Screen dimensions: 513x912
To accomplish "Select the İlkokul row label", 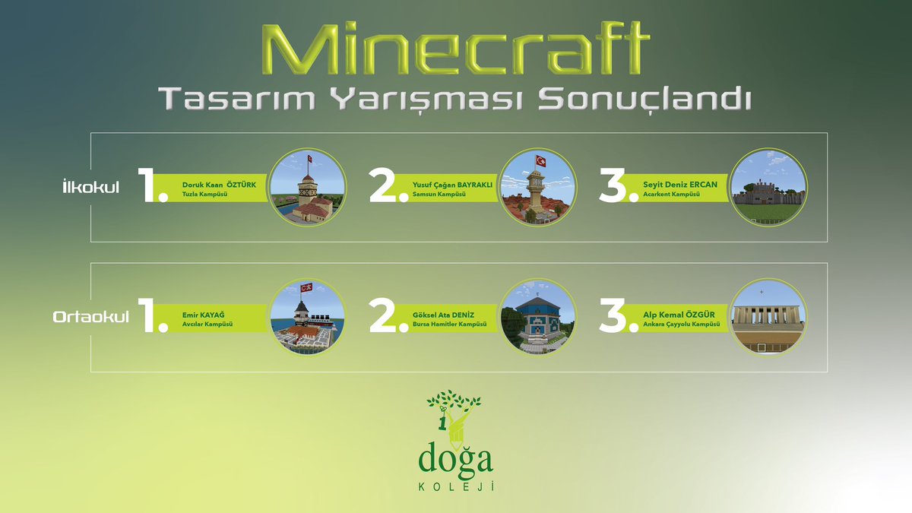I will click(90, 188).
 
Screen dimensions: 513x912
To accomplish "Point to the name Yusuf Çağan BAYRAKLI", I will click(453, 185).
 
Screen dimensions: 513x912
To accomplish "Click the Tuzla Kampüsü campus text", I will click(205, 195).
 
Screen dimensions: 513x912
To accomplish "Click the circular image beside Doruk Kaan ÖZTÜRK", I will click(309, 188).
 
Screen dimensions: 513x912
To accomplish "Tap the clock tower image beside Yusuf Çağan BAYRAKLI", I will click(538, 188).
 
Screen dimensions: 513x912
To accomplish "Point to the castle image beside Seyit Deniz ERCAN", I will click(768, 188).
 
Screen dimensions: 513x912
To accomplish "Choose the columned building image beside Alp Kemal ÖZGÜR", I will click(768, 318).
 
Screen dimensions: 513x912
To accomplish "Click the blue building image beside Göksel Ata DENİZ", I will click(538, 318).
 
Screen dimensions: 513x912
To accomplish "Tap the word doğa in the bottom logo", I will click(455, 459).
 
